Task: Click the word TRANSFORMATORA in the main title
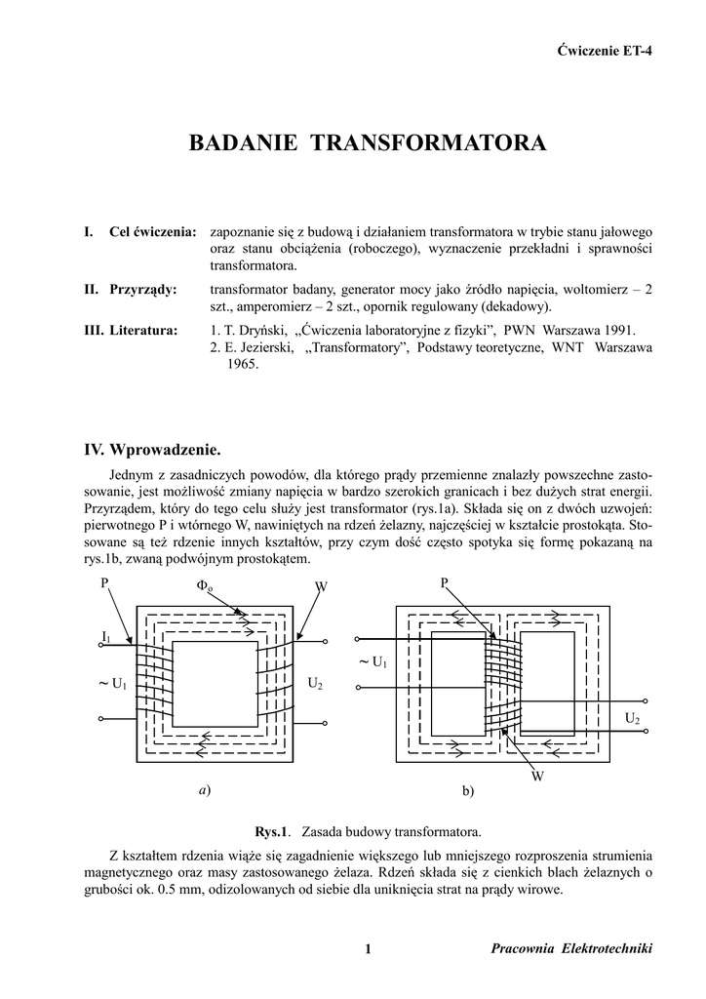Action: click(429, 144)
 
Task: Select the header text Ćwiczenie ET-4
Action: click(604, 51)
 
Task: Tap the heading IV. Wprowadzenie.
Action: click(153, 450)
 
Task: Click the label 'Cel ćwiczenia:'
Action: click(153, 232)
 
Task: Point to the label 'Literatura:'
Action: click(143, 331)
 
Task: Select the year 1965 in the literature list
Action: click(241, 363)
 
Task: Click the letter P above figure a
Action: click(104, 583)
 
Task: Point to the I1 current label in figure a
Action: click(105, 637)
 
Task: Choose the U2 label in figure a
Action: click(315, 683)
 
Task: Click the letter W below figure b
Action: click(537, 777)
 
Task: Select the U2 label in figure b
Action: click(633, 719)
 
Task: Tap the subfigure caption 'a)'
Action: click(204, 790)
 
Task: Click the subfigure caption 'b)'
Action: click(467, 791)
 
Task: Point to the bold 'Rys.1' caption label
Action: click(273, 833)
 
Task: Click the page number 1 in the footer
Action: click(368, 949)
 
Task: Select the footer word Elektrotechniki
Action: click(608, 949)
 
